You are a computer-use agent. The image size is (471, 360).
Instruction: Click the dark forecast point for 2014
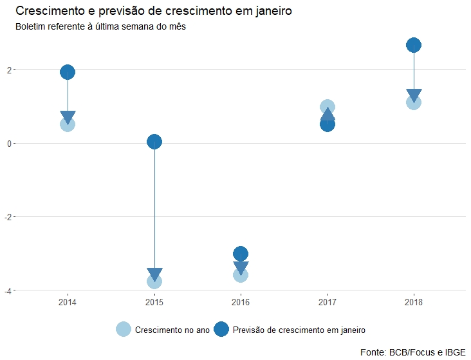(x=68, y=72)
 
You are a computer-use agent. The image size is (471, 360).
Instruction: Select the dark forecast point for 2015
(x=154, y=142)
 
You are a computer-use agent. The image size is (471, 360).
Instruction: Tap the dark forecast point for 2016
(x=241, y=253)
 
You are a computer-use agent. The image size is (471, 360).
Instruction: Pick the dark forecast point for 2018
(x=414, y=45)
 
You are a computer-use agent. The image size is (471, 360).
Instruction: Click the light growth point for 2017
(x=327, y=106)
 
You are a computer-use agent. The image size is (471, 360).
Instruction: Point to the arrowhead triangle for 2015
(x=154, y=274)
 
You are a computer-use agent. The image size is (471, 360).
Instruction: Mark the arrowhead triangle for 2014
(x=68, y=117)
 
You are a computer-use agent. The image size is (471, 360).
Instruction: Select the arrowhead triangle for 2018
(x=414, y=95)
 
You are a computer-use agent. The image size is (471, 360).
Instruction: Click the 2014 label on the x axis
(x=68, y=301)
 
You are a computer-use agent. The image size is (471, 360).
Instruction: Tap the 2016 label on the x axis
(x=241, y=301)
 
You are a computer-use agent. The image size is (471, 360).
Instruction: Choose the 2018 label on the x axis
(x=414, y=301)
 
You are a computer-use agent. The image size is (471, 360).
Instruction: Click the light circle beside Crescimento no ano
(x=124, y=329)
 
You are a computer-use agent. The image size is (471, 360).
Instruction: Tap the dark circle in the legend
(x=221, y=329)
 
